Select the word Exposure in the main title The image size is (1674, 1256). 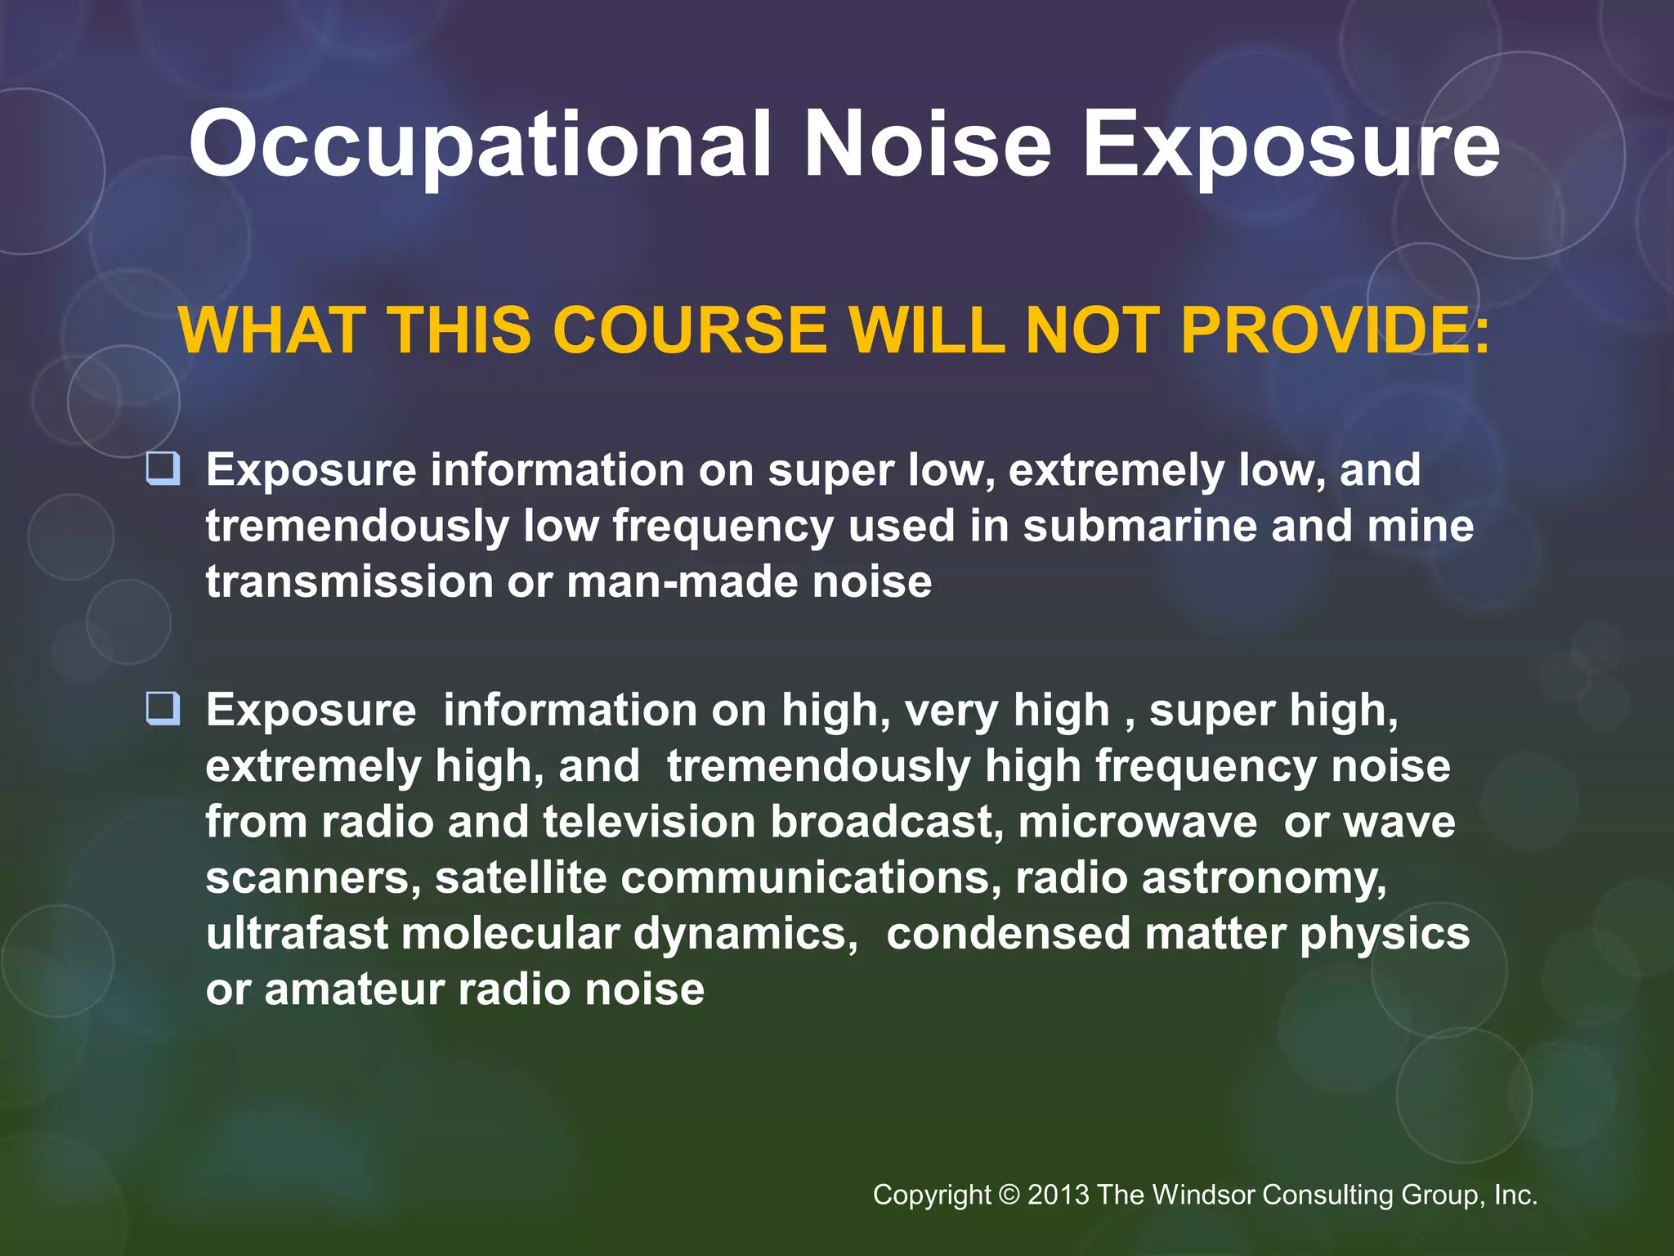pos(1291,147)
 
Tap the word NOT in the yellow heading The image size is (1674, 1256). pos(1092,330)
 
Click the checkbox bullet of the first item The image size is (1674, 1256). pos(163,469)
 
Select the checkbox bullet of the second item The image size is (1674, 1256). pos(163,708)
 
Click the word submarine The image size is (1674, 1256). pos(1140,525)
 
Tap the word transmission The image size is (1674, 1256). pos(349,581)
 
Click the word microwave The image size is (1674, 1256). pos(1137,821)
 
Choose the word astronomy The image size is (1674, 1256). pos(1263,879)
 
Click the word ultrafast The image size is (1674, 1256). pos(297,933)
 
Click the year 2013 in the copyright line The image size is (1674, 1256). pos(1058,1195)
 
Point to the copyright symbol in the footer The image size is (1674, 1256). pos(1009,1195)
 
